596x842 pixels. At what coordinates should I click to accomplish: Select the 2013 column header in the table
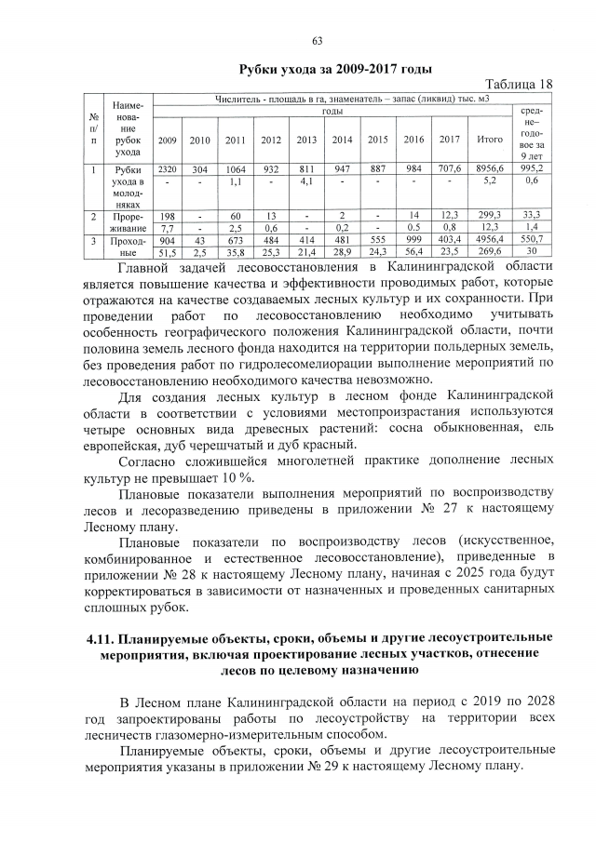tap(306, 140)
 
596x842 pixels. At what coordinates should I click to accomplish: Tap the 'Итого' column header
tap(489, 140)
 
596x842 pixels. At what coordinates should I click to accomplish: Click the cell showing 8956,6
tap(489, 170)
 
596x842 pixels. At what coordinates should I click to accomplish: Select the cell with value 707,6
tap(450, 170)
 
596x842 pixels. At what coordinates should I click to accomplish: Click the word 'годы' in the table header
tap(332, 111)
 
